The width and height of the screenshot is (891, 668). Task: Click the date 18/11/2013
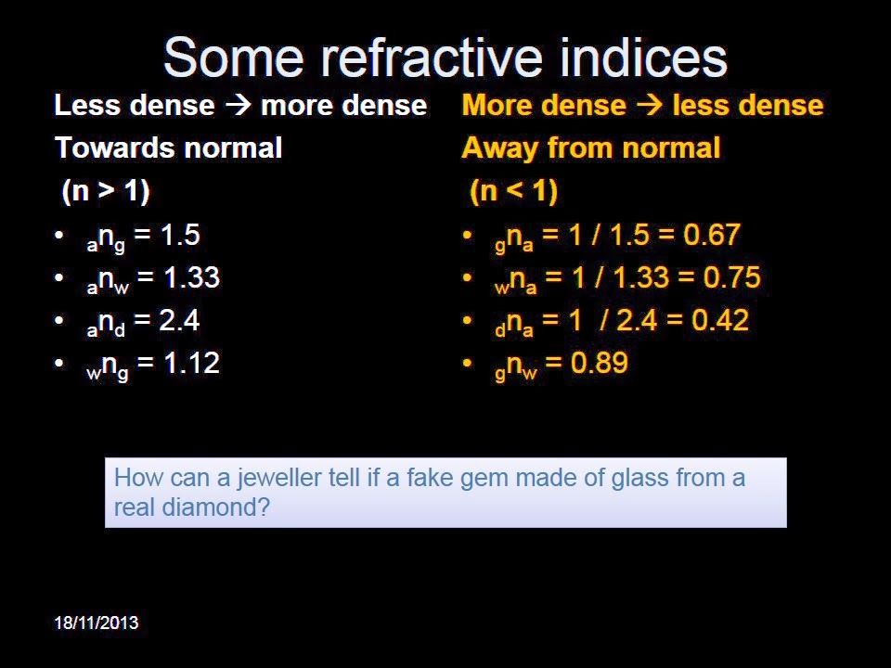[x=97, y=623]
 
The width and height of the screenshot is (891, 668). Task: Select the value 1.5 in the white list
[x=180, y=235]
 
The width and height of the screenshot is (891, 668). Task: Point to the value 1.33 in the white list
[x=191, y=277]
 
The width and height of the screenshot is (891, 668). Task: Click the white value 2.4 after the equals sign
[x=179, y=320]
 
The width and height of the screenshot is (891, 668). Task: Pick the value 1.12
[x=191, y=363]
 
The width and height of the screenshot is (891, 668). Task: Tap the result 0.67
[x=712, y=235]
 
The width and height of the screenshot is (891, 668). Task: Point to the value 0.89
[x=599, y=363]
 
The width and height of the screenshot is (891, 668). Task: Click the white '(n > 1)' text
[x=106, y=192]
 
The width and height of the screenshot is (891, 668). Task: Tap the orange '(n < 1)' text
[x=513, y=192]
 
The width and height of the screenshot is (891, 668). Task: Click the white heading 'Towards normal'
[x=168, y=148]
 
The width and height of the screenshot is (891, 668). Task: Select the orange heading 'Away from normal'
[x=590, y=148]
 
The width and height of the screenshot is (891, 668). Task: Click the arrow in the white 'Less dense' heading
[x=239, y=106]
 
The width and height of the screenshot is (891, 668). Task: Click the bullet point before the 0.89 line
[x=468, y=364]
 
